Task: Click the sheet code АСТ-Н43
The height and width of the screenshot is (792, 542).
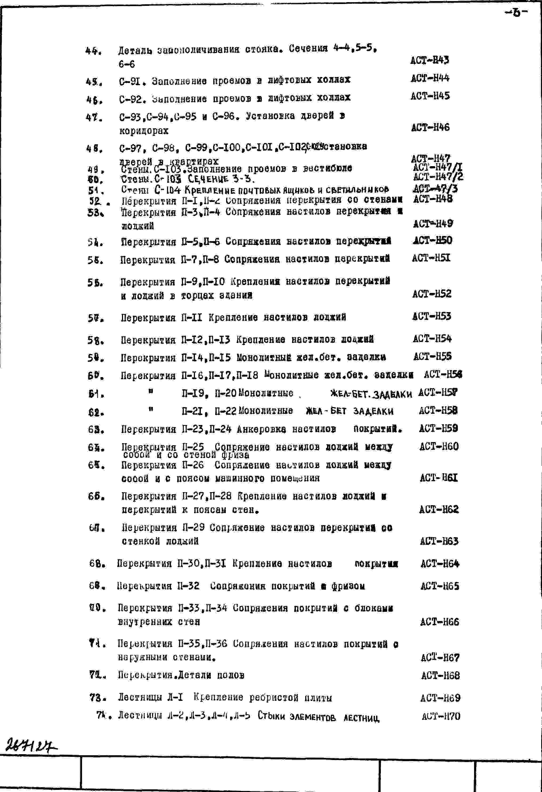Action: coord(430,60)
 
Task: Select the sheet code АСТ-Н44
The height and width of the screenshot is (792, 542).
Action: coord(430,78)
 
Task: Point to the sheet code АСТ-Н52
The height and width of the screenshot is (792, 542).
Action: coord(431,294)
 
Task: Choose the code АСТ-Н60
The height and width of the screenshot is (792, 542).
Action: coord(439,446)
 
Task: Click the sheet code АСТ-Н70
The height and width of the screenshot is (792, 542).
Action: coord(441,716)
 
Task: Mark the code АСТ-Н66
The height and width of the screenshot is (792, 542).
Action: coord(439,622)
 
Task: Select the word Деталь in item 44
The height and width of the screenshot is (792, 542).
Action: coord(135,50)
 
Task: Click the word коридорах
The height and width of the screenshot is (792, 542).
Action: coord(144,130)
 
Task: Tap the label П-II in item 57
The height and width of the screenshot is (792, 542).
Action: coord(191,318)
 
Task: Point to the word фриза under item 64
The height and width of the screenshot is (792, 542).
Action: coord(235,455)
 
